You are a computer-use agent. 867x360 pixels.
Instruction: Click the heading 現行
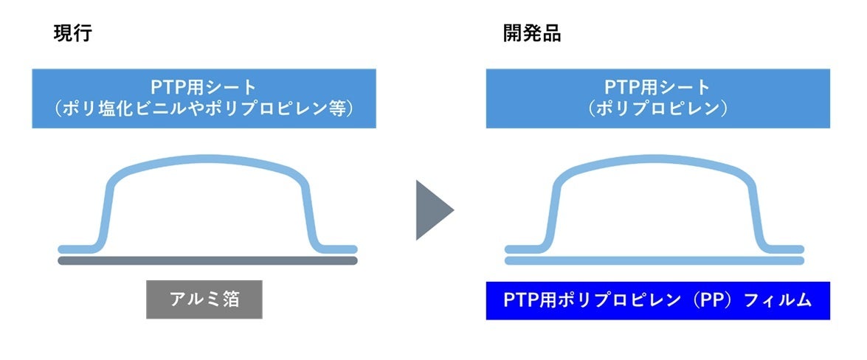[x=72, y=34]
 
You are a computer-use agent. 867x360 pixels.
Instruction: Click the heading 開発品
[x=532, y=34]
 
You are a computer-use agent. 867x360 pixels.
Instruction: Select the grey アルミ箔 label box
[x=204, y=299]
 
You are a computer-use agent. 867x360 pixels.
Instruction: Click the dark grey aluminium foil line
[x=207, y=260]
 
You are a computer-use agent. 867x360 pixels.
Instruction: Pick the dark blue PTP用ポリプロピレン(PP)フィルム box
[x=657, y=300]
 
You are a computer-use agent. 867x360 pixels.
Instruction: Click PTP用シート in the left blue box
[x=204, y=87]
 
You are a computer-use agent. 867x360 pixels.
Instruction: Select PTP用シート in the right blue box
[x=658, y=87]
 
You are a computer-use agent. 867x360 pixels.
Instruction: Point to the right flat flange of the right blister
[x=786, y=249]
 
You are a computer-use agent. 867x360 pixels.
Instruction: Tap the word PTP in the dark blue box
[x=521, y=300]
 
